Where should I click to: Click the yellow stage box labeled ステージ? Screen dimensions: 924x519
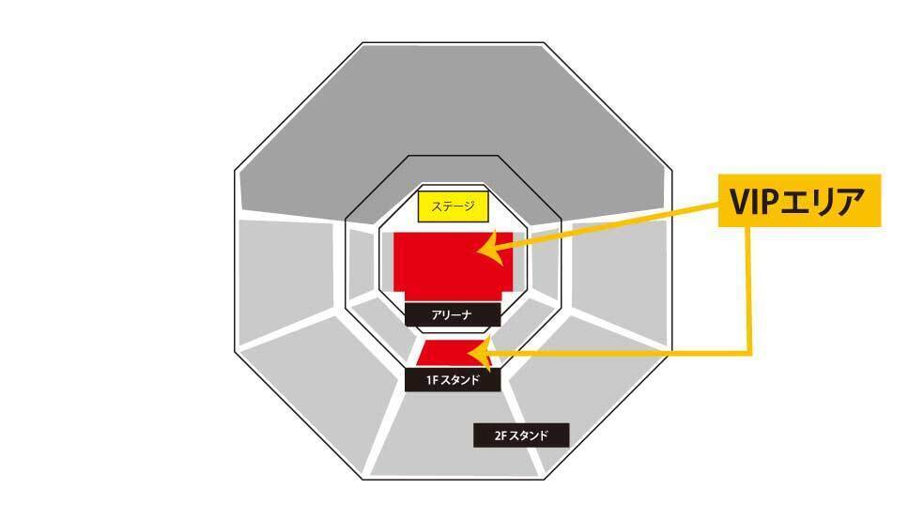pyautogui.click(x=454, y=206)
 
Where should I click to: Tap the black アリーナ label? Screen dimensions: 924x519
pyautogui.click(x=453, y=315)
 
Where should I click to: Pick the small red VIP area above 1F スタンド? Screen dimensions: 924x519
pyautogui.click(x=454, y=354)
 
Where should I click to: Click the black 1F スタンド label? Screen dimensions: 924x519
pyautogui.click(x=453, y=380)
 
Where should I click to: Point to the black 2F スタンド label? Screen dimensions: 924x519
pyautogui.click(x=521, y=435)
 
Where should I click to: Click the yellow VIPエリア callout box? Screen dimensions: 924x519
pyautogui.click(x=800, y=200)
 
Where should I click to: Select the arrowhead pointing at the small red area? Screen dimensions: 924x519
pyautogui.click(x=480, y=353)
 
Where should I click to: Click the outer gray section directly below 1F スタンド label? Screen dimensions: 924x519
pyautogui.click(x=454, y=435)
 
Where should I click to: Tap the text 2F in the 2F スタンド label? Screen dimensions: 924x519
pyautogui.click(x=500, y=435)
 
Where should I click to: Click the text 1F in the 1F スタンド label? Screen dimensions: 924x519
pyautogui.click(x=433, y=380)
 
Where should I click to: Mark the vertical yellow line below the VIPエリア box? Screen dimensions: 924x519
pyautogui.click(x=749, y=290)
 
